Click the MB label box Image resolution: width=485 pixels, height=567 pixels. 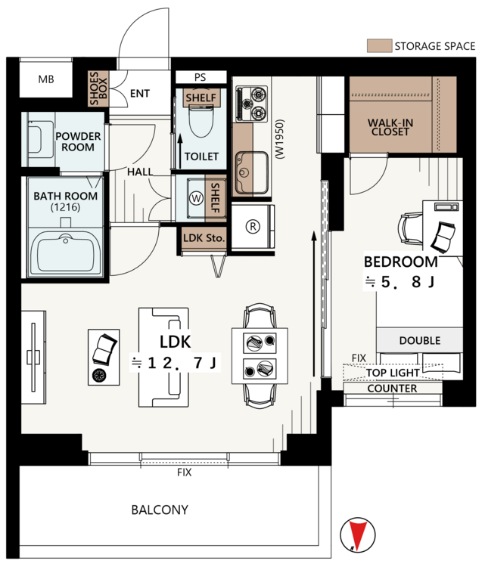(x=46, y=79)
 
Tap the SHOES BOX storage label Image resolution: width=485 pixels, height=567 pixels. (x=98, y=88)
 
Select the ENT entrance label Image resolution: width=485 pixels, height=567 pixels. (x=140, y=94)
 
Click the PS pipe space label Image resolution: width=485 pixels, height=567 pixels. (x=201, y=77)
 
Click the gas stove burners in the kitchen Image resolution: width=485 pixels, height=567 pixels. (x=251, y=104)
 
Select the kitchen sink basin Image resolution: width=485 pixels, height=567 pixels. (x=251, y=173)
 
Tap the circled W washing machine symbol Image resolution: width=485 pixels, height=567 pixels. (x=197, y=198)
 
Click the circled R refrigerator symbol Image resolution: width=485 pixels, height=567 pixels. (x=253, y=226)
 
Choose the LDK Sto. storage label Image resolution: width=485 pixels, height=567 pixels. (x=204, y=238)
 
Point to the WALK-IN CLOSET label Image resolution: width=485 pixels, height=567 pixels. (x=390, y=127)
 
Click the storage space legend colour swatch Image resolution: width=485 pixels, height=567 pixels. (x=379, y=46)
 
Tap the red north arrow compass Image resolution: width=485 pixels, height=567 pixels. (x=358, y=534)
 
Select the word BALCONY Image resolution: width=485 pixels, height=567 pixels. (x=160, y=510)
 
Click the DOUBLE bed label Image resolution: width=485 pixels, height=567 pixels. (x=420, y=340)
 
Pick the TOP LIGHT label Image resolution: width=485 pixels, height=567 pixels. (x=393, y=373)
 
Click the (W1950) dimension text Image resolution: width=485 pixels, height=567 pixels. (x=280, y=139)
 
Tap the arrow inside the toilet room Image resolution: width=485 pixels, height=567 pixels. (x=180, y=151)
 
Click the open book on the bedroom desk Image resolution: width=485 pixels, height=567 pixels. (x=443, y=237)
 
